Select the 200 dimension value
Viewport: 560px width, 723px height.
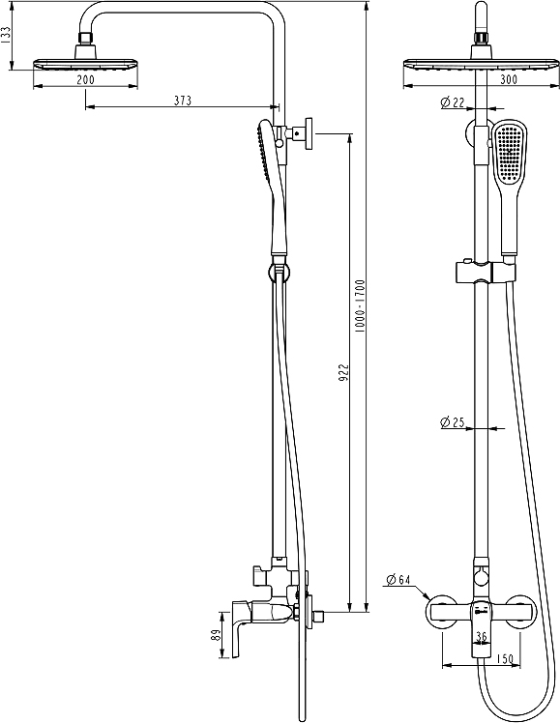point(85,79)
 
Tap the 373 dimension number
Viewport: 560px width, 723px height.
point(182,100)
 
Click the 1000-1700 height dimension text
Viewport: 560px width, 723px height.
point(360,307)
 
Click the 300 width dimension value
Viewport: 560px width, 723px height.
point(480,79)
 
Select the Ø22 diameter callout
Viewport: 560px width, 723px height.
point(451,101)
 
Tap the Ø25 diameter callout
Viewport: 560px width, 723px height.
point(451,421)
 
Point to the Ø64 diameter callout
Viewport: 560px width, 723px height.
point(398,580)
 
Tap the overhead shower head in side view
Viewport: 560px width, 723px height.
point(85,64)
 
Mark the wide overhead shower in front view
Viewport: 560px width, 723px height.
point(480,65)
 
